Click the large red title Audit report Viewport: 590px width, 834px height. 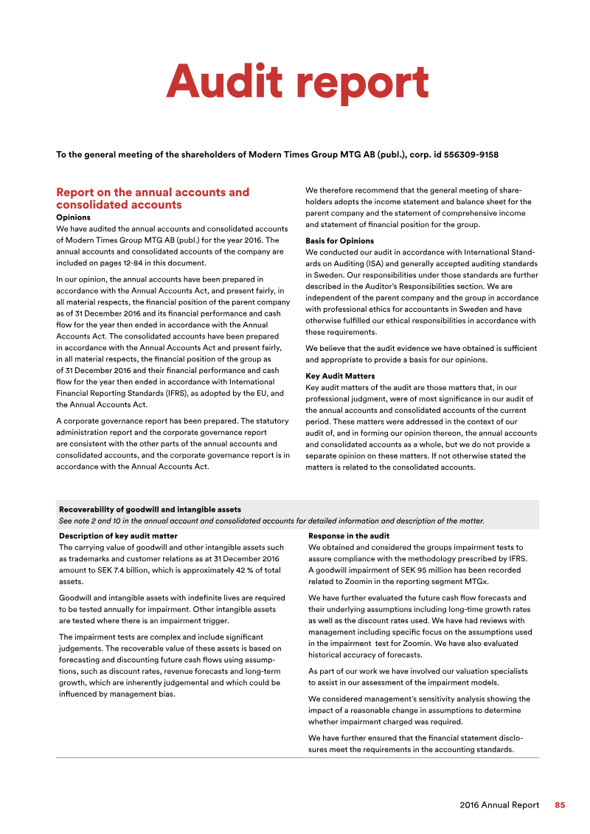click(x=297, y=82)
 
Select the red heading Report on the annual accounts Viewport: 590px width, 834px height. click(x=153, y=192)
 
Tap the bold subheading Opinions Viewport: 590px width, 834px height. click(x=73, y=218)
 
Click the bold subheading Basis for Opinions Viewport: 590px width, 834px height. click(x=339, y=241)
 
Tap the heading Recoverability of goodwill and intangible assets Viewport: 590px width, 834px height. click(x=150, y=510)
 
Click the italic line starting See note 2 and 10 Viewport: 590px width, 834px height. click(x=271, y=521)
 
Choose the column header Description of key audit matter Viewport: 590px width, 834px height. click(x=118, y=536)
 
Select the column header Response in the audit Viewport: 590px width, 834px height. click(x=349, y=536)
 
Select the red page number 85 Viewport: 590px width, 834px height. click(x=560, y=805)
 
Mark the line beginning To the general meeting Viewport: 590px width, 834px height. click(x=277, y=155)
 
